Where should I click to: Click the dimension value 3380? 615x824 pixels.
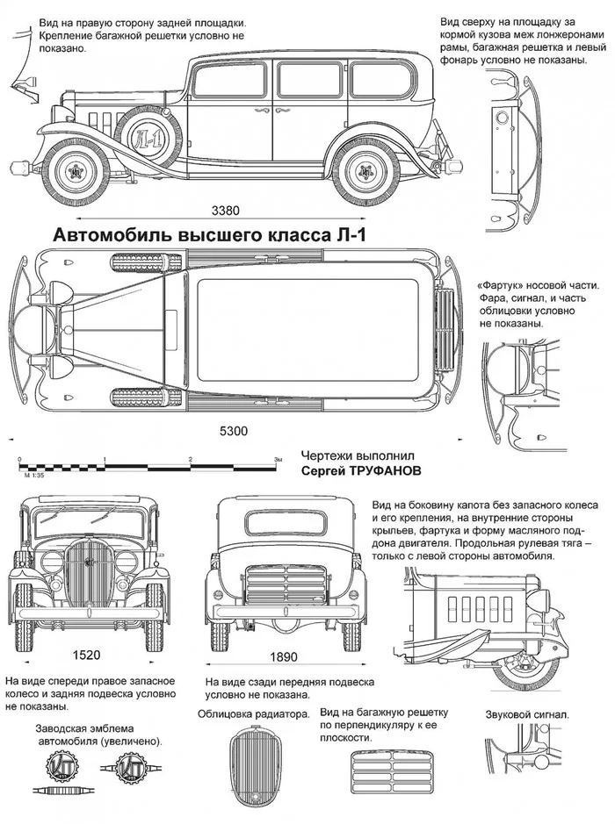226,211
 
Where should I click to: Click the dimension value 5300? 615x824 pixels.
232,431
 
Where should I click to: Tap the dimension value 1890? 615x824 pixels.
283,656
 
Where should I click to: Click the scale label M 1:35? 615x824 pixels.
33,474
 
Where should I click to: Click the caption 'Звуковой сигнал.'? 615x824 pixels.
527,714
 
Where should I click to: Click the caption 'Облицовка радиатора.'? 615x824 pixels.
254,714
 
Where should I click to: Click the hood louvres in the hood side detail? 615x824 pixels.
481,605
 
